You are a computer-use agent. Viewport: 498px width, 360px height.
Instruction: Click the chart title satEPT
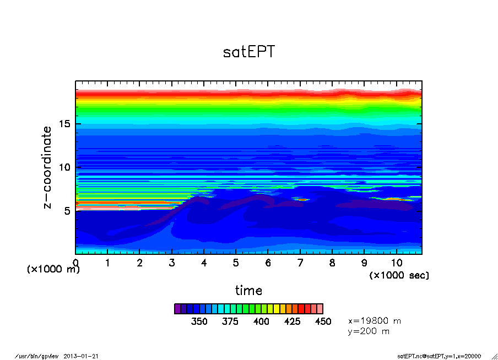[248, 52]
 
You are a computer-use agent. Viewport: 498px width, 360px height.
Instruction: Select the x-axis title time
[248, 290]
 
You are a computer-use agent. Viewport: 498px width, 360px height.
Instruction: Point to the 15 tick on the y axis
[66, 124]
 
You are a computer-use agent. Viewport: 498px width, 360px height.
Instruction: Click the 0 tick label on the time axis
[76, 263]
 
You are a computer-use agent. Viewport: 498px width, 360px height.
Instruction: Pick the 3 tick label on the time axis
[172, 263]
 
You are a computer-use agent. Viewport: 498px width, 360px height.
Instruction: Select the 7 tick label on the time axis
[300, 263]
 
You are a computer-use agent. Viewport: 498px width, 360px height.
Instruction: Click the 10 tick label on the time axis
[396, 263]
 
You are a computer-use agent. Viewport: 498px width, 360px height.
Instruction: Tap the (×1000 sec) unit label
[399, 275]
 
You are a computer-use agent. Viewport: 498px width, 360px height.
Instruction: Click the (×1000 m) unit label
[53, 270]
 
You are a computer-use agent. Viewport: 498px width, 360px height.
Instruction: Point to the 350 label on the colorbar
[199, 321]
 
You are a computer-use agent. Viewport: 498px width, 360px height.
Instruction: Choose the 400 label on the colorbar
[261, 321]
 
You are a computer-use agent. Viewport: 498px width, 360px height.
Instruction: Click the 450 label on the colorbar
[323, 321]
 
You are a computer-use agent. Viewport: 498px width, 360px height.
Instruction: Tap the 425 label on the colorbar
[292, 321]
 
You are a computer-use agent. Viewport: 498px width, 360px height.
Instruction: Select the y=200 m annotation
[369, 331]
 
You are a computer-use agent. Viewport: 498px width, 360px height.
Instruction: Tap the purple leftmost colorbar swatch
[177, 309]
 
